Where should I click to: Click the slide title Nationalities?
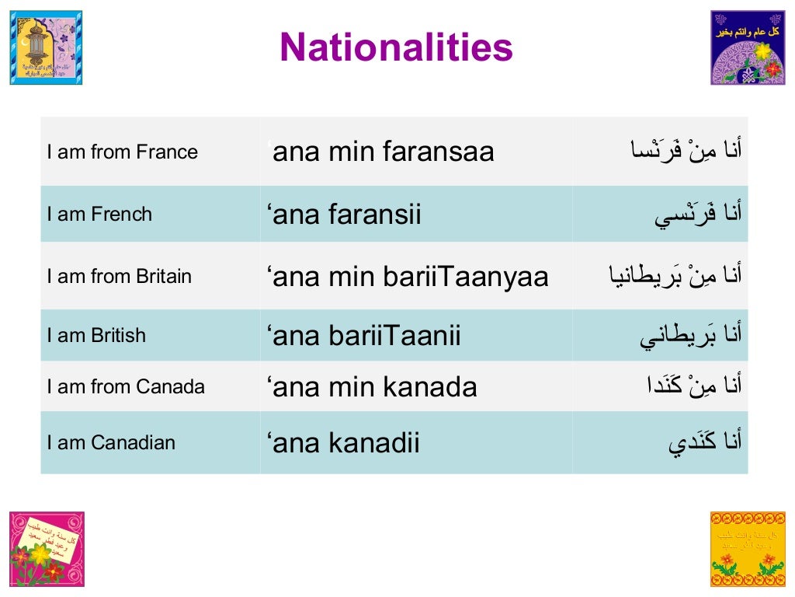[x=396, y=47]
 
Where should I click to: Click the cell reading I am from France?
[x=122, y=152]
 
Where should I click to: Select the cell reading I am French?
[x=99, y=214]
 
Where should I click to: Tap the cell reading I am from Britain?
[x=119, y=276]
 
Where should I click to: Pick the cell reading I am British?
[x=96, y=336]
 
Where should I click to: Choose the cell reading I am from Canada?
[x=126, y=386]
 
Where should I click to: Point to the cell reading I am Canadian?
[x=111, y=442]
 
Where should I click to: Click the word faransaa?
[x=438, y=152]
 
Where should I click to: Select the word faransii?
[x=375, y=214]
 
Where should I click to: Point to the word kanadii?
[x=375, y=442]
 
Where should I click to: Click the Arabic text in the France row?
[x=686, y=150]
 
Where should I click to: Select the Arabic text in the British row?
[x=691, y=336]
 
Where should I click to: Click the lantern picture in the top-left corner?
[x=46, y=47]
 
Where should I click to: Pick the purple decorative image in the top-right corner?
[x=748, y=47]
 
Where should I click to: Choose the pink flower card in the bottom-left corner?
[x=47, y=549]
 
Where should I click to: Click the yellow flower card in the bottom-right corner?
[x=748, y=549]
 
